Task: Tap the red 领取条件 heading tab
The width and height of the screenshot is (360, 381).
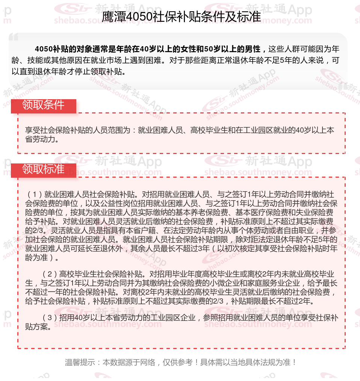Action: click(43, 105)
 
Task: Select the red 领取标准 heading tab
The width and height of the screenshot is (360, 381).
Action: click(43, 169)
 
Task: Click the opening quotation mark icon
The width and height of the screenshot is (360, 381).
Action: click(14, 37)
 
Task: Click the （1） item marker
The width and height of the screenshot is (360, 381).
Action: click(35, 195)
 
